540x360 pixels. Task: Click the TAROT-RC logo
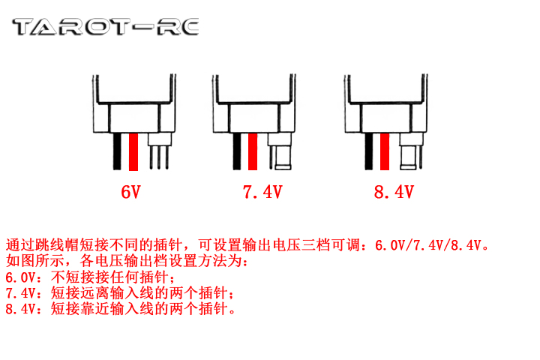pos(106,27)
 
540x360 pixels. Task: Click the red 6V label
pos(130,192)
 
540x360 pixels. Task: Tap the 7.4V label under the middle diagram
pos(262,192)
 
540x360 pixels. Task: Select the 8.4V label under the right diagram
pos(394,192)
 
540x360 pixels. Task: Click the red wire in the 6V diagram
pos(133,152)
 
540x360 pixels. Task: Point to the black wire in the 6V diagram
pos(117,151)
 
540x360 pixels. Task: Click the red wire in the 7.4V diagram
pos(253,151)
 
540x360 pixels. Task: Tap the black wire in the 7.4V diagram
pos(237,151)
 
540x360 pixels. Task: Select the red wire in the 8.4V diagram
pos(385,151)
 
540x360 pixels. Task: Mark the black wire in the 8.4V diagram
pos(369,151)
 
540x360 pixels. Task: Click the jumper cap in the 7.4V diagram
pos(283,157)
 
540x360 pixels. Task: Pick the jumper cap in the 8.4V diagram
pos(408,157)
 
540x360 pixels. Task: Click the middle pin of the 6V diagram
pos(159,157)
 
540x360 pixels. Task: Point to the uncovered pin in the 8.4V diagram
pos(421,157)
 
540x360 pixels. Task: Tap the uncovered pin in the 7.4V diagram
pos(271,157)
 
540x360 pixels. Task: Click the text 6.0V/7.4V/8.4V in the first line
pos(427,245)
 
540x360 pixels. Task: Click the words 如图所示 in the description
pos(34,261)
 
